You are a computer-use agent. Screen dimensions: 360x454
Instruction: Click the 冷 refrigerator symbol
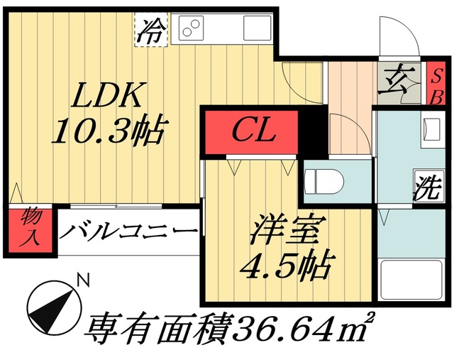pos(151,31)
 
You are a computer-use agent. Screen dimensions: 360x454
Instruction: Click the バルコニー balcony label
pos(128,231)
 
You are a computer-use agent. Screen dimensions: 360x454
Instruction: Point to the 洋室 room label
pos(287,231)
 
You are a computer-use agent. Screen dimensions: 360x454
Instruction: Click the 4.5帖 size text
pos(287,266)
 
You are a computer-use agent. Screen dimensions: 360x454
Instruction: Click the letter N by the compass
pos(84,280)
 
